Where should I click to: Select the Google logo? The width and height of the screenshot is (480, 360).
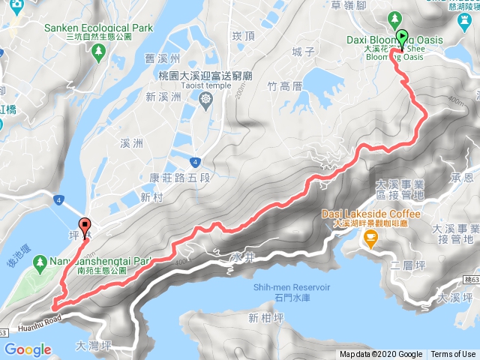28,349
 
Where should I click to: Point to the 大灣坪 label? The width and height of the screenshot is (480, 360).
94,346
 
